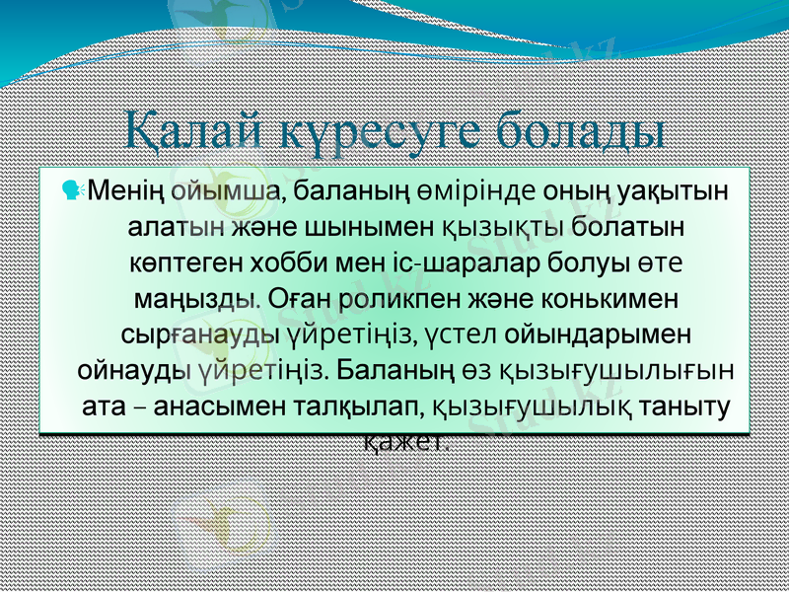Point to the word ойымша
[x=223, y=189]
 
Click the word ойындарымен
[x=596, y=334]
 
